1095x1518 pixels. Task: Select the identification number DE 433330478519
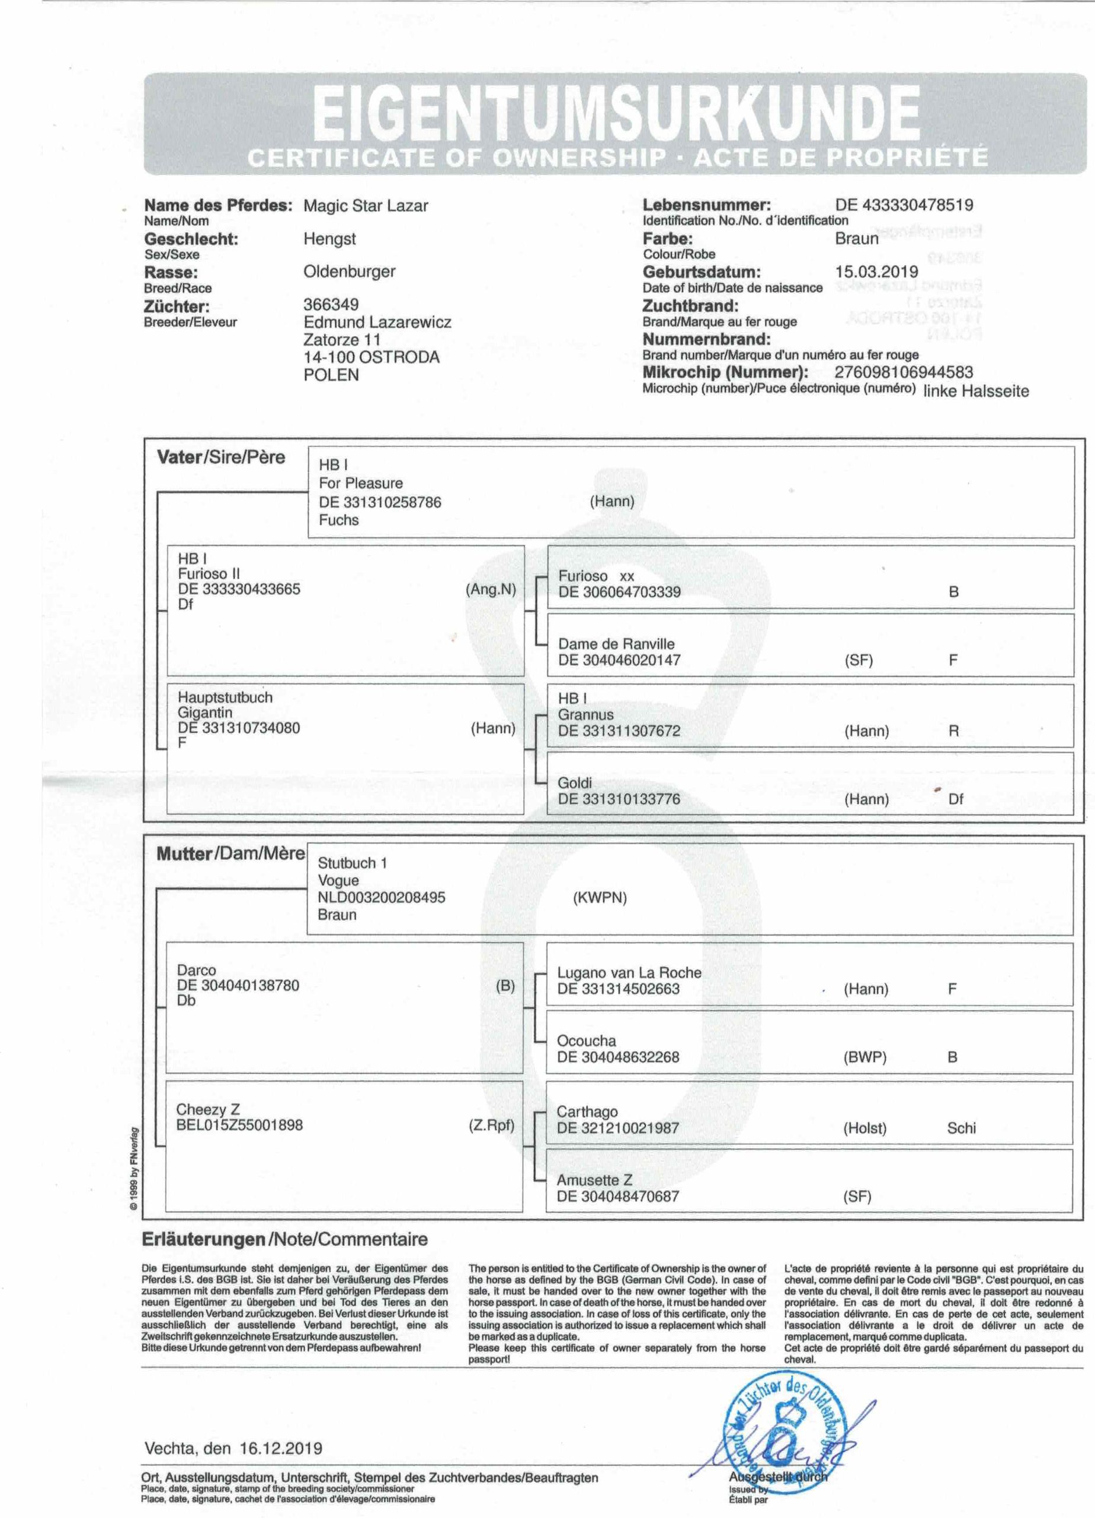click(x=904, y=205)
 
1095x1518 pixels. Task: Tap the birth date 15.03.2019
click(x=876, y=272)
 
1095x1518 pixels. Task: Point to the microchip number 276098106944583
click(x=904, y=372)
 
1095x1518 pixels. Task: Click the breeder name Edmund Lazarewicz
click(x=377, y=322)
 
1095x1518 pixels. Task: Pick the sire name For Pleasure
click(x=360, y=483)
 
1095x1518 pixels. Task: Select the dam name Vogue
click(x=338, y=880)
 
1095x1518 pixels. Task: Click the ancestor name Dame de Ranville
click(x=616, y=644)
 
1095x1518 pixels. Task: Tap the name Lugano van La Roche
click(x=629, y=972)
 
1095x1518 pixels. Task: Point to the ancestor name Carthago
click(x=587, y=1111)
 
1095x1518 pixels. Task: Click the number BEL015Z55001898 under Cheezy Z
click(x=239, y=1124)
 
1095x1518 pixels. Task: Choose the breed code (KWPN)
click(x=599, y=898)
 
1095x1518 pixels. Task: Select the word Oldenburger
click(x=349, y=272)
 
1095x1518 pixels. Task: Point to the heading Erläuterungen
click(x=203, y=1239)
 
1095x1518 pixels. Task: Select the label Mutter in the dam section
click(x=184, y=854)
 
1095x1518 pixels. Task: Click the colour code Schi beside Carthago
click(x=960, y=1128)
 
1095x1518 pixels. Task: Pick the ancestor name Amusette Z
click(x=594, y=1179)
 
